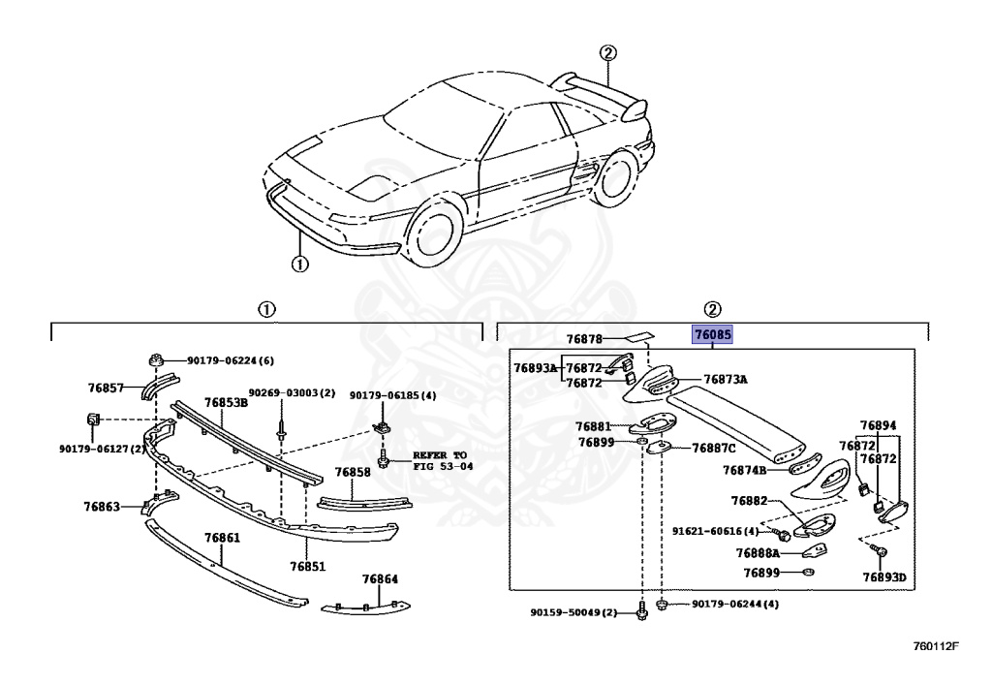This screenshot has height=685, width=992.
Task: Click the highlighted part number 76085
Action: (x=712, y=335)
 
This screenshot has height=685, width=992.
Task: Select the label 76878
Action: (x=585, y=339)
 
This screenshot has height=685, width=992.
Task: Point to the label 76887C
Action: (x=714, y=448)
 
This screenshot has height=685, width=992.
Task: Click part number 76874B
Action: (x=744, y=471)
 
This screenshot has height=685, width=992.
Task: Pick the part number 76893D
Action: (x=884, y=577)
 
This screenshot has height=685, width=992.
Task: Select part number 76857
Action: (x=106, y=388)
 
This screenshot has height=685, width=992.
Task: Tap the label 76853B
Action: (x=226, y=402)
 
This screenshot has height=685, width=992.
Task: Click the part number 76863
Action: (x=102, y=506)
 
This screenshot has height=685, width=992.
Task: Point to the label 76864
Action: (x=381, y=578)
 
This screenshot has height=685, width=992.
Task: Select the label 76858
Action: (x=353, y=473)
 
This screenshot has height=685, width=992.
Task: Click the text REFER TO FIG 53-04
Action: (x=440, y=459)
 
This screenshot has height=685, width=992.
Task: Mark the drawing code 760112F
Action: (x=935, y=645)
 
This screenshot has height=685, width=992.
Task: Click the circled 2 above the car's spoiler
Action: (x=607, y=53)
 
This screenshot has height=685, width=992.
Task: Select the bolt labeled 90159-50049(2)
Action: (x=642, y=612)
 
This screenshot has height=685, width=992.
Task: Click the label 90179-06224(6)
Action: (x=231, y=361)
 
